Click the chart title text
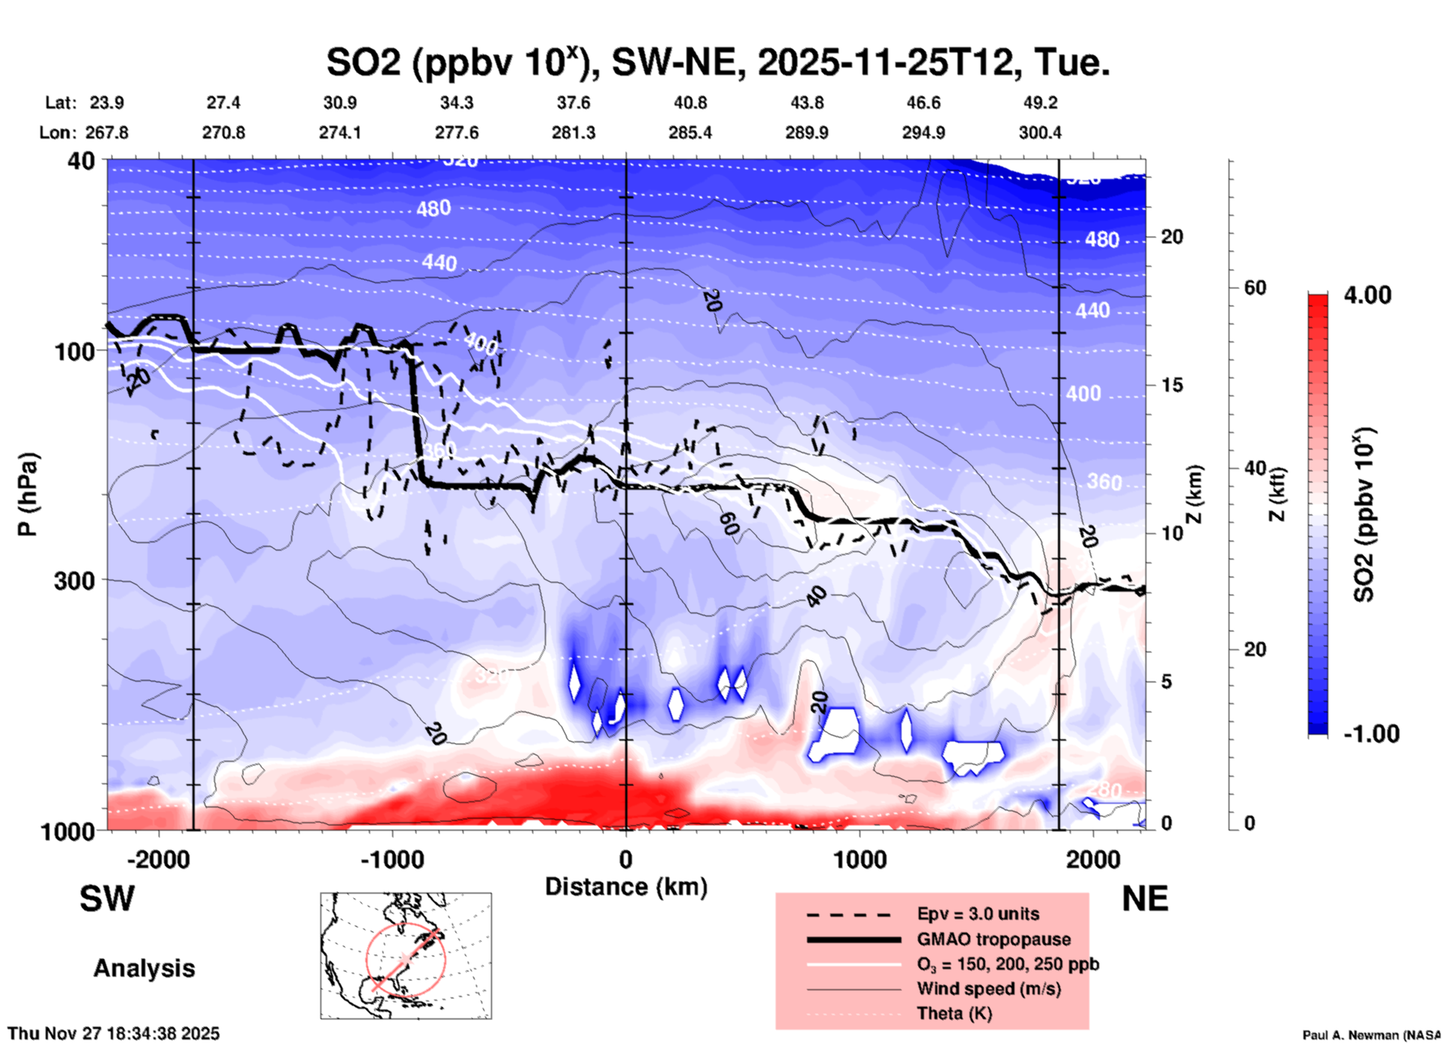717,62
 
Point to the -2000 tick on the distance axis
158,859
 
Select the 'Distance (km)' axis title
626,887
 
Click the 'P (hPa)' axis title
28,494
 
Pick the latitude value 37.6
573,103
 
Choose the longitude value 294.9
923,133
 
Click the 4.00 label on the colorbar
1367,294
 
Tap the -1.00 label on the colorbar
1371,734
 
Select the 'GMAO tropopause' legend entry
994,939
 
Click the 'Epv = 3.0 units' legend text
978,914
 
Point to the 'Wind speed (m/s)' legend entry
988,989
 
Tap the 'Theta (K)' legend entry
954,1013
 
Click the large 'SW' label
107,899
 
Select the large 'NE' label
1145,899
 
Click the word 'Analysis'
144,968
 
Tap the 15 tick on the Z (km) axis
1172,385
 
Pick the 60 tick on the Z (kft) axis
1255,288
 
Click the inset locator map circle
406,959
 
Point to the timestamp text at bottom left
114,1034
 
